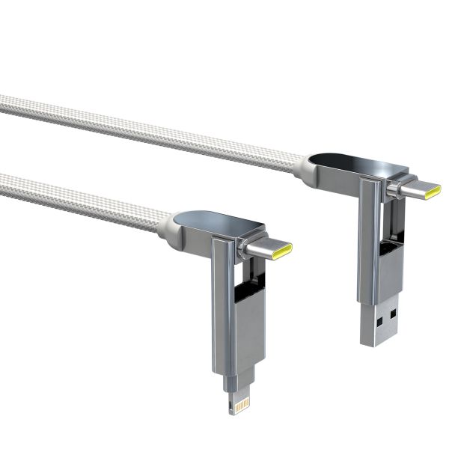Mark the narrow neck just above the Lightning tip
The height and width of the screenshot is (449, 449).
[x=241, y=379]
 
